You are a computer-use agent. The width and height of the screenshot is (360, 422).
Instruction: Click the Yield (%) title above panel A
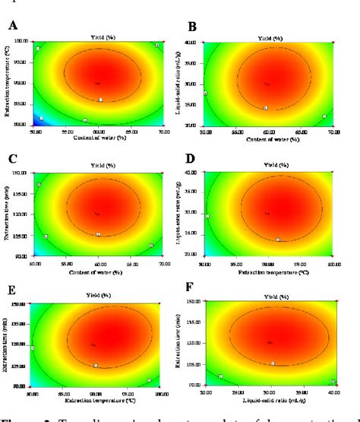(99, 35)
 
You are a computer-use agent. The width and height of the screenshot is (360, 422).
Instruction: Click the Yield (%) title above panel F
(270, 297)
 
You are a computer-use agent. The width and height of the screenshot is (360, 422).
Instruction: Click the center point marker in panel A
(97, 82)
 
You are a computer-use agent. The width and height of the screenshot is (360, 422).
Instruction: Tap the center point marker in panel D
(267, 214)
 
